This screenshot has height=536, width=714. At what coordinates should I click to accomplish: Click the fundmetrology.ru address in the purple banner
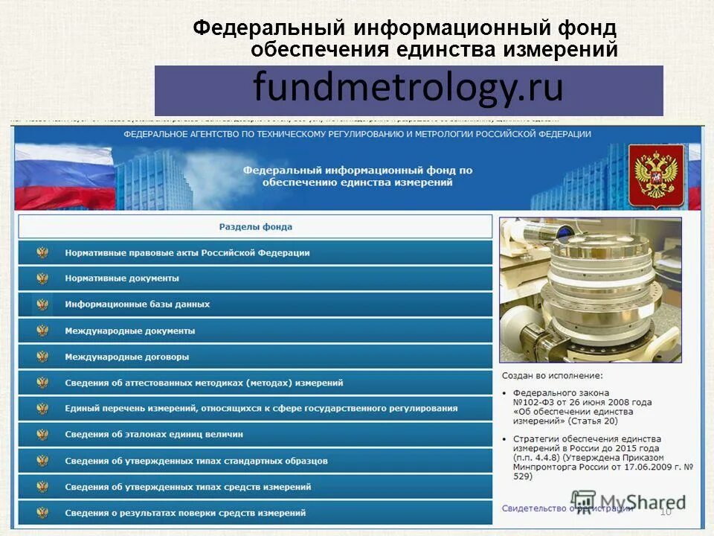click(408, 89)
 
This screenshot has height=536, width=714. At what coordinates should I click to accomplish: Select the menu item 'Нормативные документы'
click(122, 278)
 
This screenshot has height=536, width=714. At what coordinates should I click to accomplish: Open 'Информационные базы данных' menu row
click(137, 304)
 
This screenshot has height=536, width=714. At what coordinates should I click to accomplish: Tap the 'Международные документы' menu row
click(129, 331)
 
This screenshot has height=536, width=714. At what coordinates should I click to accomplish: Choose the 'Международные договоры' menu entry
click(126, 357)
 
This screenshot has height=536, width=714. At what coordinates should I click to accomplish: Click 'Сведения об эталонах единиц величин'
click(153, 434)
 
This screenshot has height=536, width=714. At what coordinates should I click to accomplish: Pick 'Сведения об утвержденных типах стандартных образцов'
click(196, 461)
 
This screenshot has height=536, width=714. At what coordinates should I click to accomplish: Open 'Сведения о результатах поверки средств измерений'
click(184, 513)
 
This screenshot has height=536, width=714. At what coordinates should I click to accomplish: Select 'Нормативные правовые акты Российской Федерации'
click(187, 252)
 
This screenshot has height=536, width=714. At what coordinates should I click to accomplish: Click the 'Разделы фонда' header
click(255, 227)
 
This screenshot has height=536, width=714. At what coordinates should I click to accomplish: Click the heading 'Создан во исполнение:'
click(552, 376)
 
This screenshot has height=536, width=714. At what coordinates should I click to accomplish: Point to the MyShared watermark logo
click(628, 502)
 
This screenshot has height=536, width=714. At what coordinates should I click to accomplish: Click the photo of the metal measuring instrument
click(590, 290)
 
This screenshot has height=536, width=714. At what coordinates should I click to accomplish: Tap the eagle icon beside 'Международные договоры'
click(42, 357)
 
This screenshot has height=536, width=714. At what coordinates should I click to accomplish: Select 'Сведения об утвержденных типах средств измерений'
click(187, 487)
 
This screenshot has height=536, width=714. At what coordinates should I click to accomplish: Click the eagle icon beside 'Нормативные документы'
click(42, 278)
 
